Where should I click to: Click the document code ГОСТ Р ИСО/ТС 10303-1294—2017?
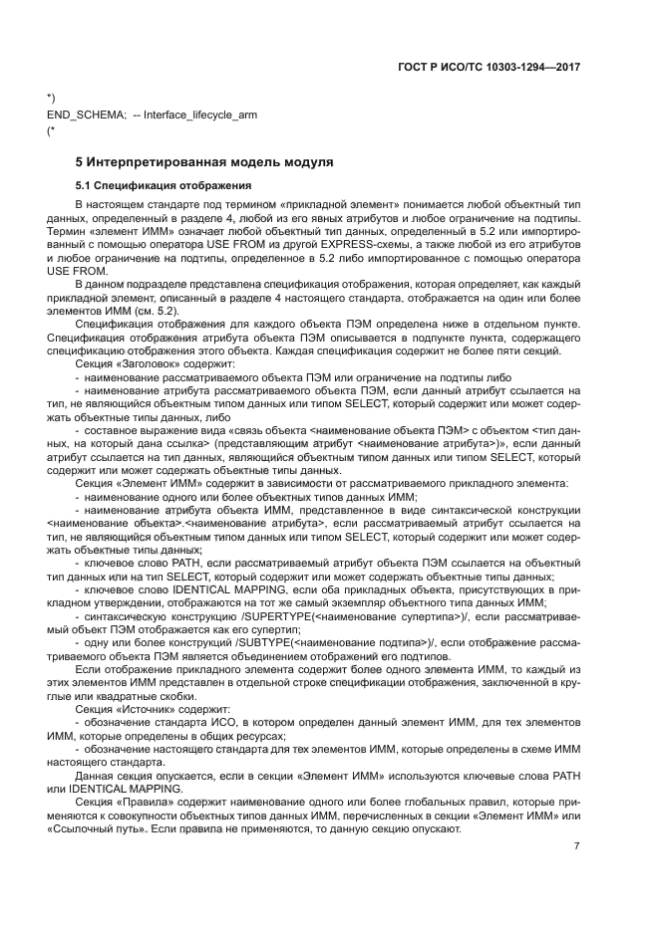tap(492, 68)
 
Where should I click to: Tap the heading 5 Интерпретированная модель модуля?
tap(203, 161)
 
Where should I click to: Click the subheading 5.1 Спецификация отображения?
tap(150, 186)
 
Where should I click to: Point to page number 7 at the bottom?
tap(576, 846)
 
